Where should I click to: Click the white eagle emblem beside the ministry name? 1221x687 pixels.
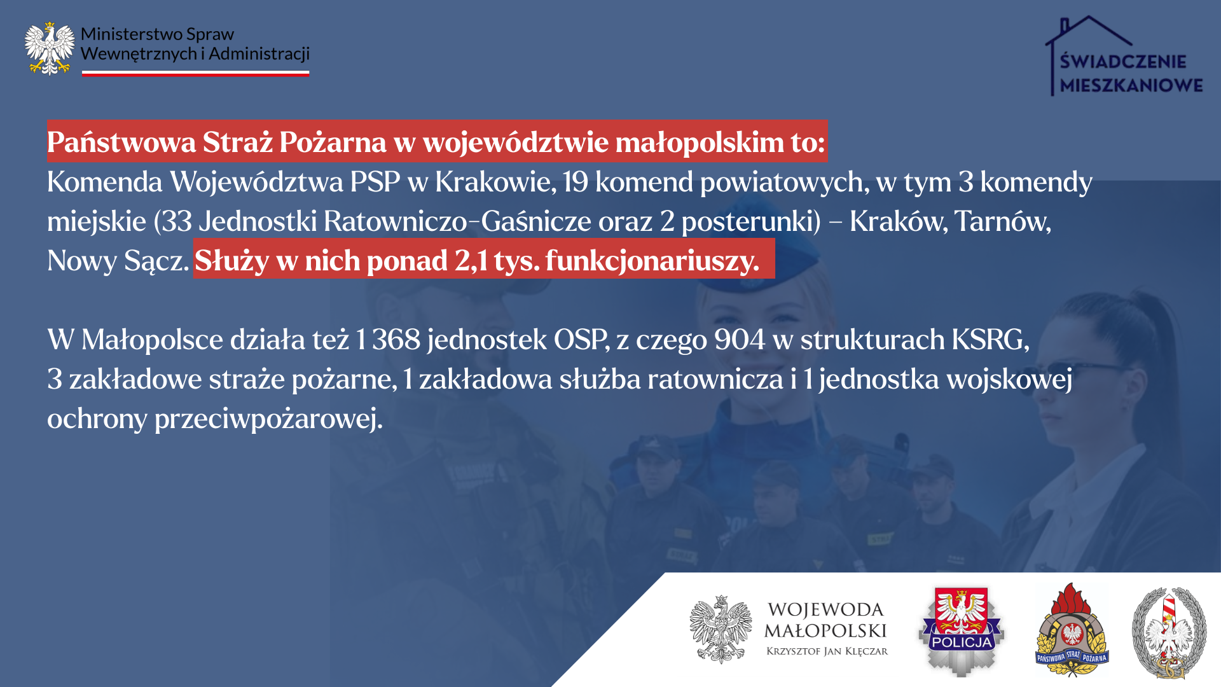(50, 49)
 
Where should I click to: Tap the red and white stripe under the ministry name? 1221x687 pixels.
(195, 74)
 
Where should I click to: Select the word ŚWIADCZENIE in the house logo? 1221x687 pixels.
(1123, 61)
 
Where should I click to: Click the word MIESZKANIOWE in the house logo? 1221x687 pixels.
(1131, 85)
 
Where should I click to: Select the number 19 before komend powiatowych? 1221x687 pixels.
(576, 182)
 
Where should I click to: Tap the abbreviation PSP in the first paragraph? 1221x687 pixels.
(375, 182)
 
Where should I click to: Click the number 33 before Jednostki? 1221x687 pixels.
(177, 221)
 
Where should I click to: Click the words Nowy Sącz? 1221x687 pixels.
(118, 261)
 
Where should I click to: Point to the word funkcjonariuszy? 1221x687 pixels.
(652, 261)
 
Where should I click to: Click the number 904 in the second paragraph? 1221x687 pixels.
(740, 340)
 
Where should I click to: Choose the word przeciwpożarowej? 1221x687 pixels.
(268, 419)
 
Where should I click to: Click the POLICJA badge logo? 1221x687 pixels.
(962, 631)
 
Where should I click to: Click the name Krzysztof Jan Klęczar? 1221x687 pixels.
(827, 651)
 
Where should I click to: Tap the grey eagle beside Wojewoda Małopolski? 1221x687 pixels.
(721, 630)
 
